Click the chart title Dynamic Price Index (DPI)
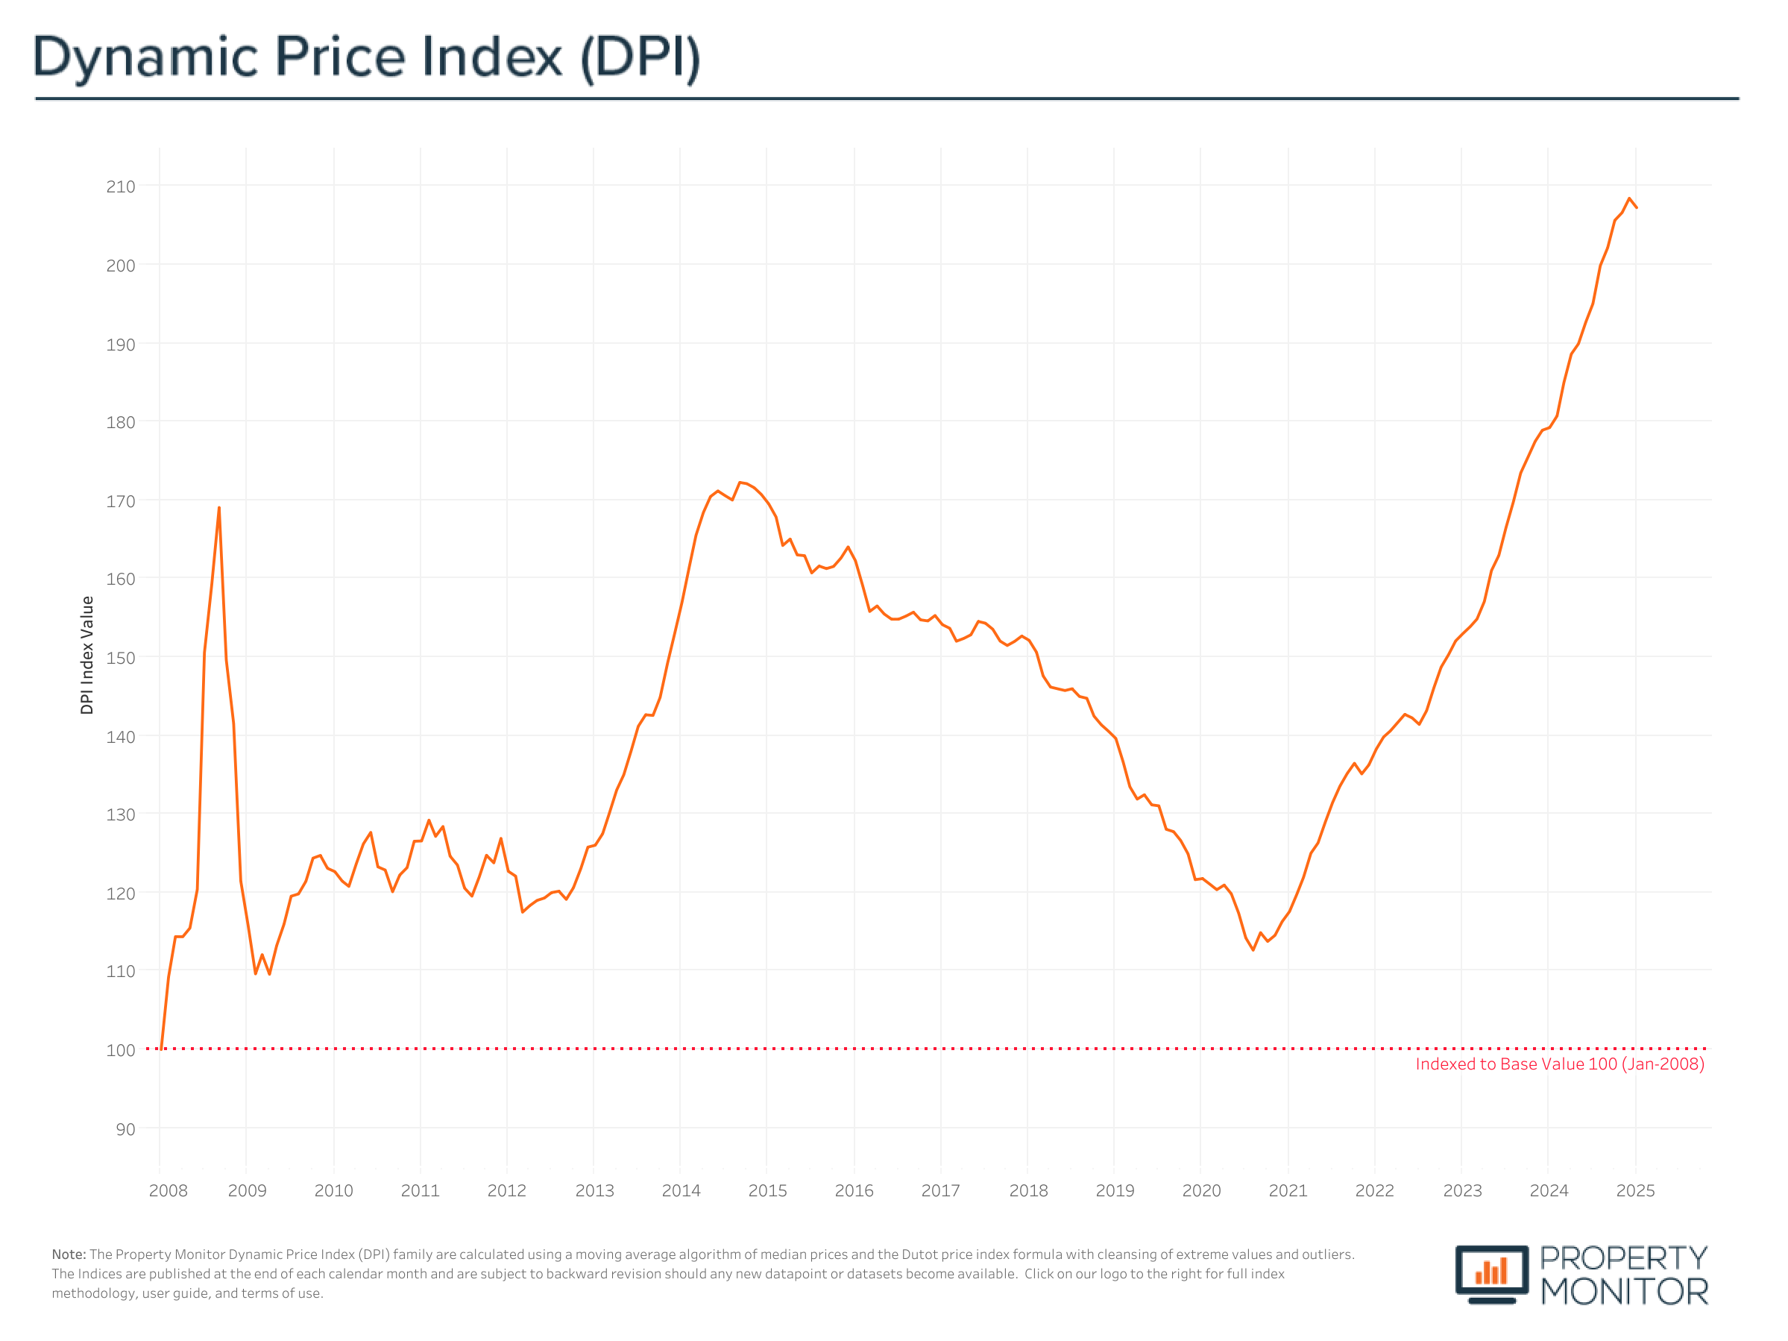(365, 58)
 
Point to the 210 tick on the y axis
(121, 186)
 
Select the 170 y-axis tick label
(121, 502)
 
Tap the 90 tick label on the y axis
(125, 1129)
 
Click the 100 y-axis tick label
(121, 1050)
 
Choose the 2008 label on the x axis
(168, 1190)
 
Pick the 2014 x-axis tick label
(681, 1190)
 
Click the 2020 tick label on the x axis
(1201, 1190)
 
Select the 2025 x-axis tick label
(1635, 1190)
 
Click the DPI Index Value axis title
(87, 655)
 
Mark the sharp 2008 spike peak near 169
(219, 509)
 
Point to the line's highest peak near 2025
(1630, 199)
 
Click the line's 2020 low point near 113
(1253, 949)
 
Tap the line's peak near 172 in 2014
(740, 483)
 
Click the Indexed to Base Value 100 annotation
(1559, 1064)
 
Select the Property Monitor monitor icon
(1491, 1273)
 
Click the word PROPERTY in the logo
(1623, 1257)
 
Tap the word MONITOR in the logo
(1623, 1292)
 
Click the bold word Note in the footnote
(68, 1254)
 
